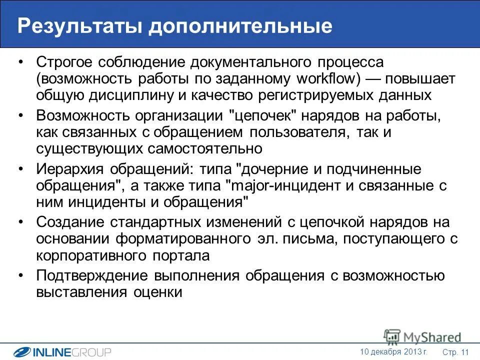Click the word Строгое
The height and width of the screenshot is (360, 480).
pos(65,63)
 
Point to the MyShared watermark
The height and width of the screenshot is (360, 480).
pos(422,337)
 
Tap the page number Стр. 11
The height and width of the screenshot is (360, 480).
pos(455,352)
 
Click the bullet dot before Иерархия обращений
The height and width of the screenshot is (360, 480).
pos(20,169)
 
